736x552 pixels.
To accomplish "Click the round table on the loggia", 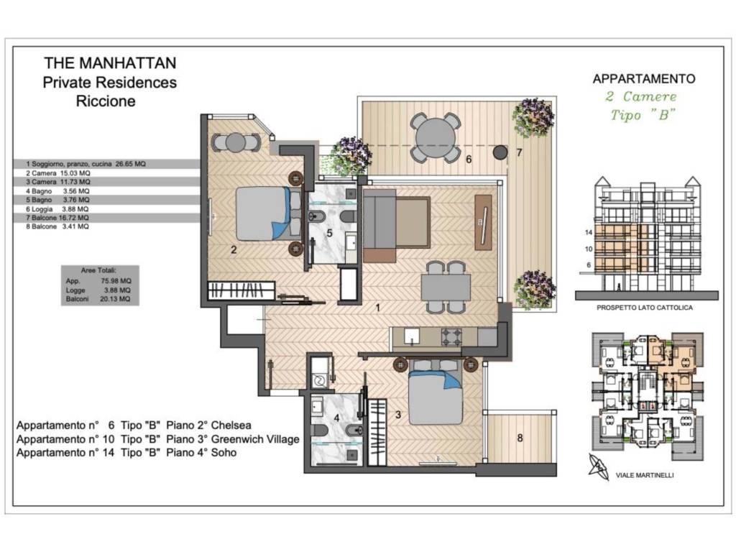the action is [x=433, y=137].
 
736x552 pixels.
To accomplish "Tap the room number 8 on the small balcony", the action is [x=520, y=438].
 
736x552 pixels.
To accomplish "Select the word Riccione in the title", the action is [x=106, y=101].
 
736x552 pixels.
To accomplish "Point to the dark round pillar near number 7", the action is [x=500, y=152].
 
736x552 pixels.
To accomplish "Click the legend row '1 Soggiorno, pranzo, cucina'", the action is [x=86, y=164].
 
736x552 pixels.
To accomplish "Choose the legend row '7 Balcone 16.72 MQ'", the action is [x=57, y=218].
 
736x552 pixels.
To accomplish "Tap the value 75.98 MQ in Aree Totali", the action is [x=116, y=281].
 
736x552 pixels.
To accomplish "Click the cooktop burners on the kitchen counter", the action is [x=451, y=336].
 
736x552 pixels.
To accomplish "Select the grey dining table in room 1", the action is [x=446, y=287].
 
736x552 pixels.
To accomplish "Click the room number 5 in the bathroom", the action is [x=329, y=233].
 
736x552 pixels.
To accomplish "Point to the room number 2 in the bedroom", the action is [x=234, y=249].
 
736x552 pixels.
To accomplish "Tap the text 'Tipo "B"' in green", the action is [x=643, y=115].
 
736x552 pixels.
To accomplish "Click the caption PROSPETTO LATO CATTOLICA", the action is [x=645, y=308].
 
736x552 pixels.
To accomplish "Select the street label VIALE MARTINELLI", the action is [x=645, y=475].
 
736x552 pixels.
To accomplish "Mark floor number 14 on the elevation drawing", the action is [x=589, y=232].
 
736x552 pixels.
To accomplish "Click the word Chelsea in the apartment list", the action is [x=231, y=425].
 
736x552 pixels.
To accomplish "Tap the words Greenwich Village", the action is [x=255, y=439].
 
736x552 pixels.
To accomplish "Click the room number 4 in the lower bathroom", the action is [x=336, y=418].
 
